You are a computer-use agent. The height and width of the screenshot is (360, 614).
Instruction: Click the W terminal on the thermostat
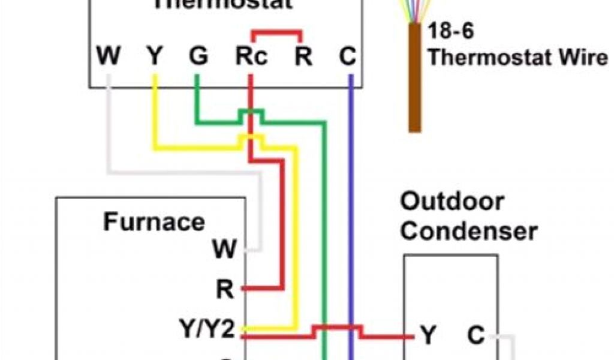pos(108,57)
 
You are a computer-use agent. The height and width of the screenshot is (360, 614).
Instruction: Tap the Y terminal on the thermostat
pos(154,57)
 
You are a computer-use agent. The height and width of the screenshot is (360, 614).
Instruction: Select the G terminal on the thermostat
pos(197,57)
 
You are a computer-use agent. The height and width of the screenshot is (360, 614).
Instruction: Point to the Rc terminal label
pos(251,57)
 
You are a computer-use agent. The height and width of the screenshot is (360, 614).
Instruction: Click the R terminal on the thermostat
pos(303,57)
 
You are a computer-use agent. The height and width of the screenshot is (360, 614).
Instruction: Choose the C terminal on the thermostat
pos(347,57)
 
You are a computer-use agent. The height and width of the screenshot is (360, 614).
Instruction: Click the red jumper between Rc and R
pos(276,31)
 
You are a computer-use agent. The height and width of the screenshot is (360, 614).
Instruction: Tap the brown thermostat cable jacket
pos(414,78)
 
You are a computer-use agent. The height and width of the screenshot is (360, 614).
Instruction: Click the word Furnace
pos(154,222)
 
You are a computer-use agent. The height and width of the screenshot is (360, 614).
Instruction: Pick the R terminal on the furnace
pos(225,290)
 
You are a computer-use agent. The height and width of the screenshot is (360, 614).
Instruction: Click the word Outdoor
pos(452,202)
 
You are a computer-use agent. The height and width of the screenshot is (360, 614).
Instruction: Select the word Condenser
pos(468,231)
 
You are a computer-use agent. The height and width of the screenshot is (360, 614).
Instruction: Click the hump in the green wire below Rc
pos(251,112)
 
